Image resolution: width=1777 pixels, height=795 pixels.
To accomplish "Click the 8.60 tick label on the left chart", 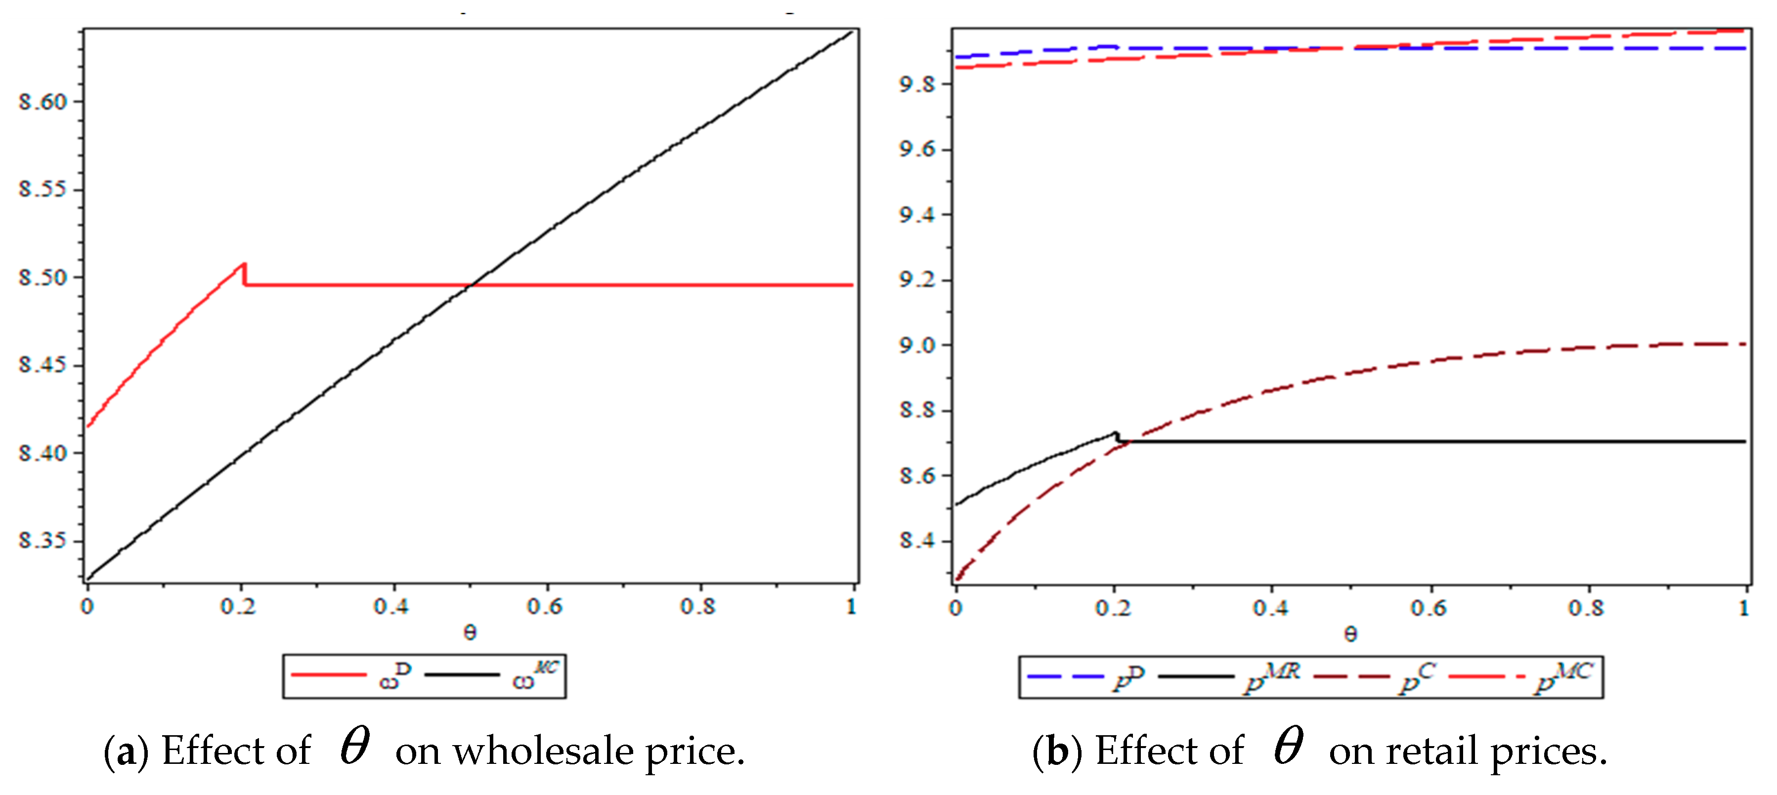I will (x=43, y=102).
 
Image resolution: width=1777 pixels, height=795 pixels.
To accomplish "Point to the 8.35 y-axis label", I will (x=43, y=541).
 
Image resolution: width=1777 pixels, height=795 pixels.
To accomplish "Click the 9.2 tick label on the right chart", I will (x=917, y=281).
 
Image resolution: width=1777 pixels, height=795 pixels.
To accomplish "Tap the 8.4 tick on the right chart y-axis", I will (x=917, y=541).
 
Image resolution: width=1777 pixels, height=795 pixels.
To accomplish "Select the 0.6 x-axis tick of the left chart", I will (x=545, y=607).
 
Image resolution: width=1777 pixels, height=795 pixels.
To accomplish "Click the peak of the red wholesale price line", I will (x=244, y=264).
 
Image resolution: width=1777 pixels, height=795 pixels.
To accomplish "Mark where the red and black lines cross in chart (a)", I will (x=471, y=285).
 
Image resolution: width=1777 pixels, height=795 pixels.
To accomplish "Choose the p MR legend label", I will (x=1272, y=677).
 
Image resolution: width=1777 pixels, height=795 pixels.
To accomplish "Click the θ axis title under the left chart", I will (x=470, y=632).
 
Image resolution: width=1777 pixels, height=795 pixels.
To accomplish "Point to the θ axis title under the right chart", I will (x=1351, y=633).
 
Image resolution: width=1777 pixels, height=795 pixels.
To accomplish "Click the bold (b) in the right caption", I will (x=1057, y=752).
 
